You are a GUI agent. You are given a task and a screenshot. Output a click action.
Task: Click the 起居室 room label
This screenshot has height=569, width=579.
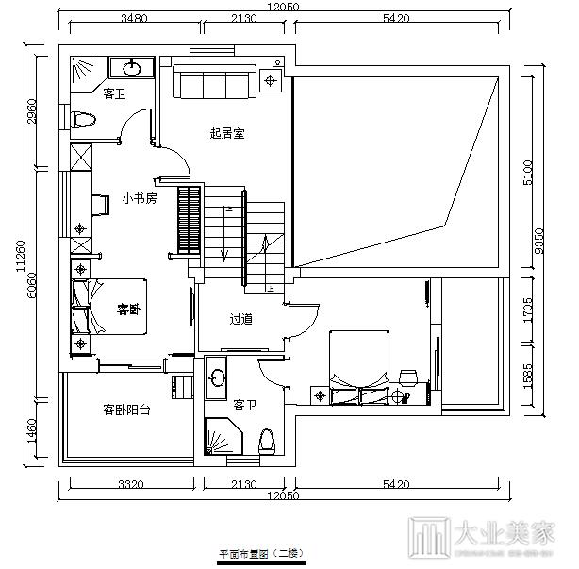(226, 134)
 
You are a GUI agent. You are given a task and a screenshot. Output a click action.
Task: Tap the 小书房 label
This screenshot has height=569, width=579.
(139, 199)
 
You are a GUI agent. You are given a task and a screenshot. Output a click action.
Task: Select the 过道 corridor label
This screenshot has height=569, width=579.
(240, 319)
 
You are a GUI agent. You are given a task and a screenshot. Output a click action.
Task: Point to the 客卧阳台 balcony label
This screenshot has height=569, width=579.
(126, 410)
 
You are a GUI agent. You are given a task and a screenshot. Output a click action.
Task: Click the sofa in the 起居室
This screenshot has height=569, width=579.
(212, 80)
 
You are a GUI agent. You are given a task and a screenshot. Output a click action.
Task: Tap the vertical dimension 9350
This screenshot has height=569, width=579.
(538, 242)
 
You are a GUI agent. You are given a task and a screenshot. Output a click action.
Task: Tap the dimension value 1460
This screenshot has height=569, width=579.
(32, 430)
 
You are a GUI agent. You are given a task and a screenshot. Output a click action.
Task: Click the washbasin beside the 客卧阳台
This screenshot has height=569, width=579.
(218, 377)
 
